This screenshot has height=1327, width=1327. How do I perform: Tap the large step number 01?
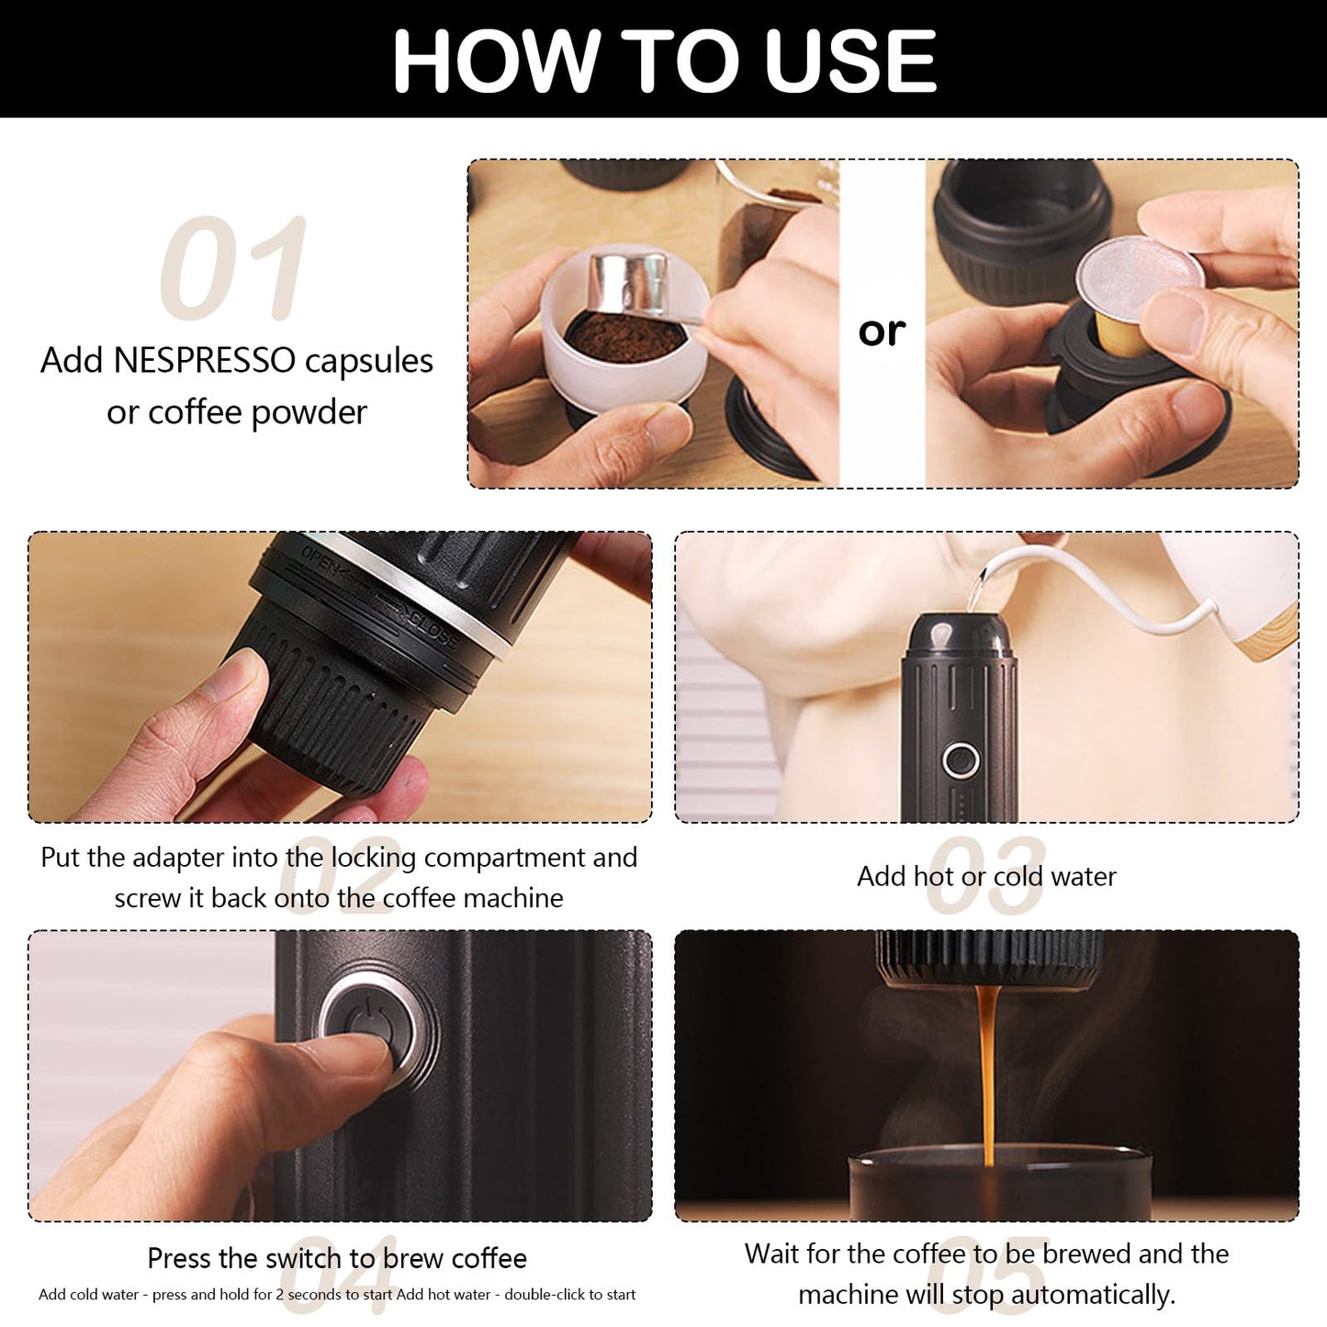(x=233, y=267)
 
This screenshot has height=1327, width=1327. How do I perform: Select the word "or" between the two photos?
(x=882, y=332)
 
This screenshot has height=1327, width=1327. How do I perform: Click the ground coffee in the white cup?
(x=624, y=337)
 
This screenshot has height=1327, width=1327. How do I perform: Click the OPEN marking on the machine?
(x=321, y=561)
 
